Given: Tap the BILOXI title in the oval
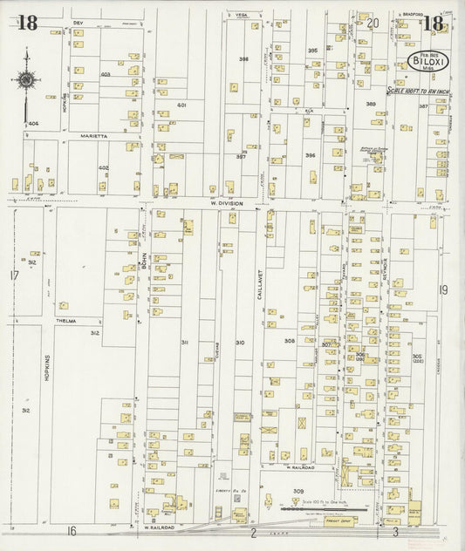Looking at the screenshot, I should coord(428,63).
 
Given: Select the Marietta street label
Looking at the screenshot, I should coord(91,136).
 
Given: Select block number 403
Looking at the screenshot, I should coord(106,75).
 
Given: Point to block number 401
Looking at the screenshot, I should coord(182,105).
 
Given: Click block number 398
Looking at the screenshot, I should coord(244,59).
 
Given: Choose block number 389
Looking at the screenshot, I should coord(371,104).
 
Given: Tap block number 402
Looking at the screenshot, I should coord(103,167).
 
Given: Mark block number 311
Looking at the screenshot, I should coord(185,343).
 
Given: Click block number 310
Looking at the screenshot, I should coord(239,343).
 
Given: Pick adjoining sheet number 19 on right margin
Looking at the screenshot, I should coord(443,289).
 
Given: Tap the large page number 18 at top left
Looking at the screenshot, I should coord(27,24).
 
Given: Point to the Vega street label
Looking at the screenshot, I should coord(236,15).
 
